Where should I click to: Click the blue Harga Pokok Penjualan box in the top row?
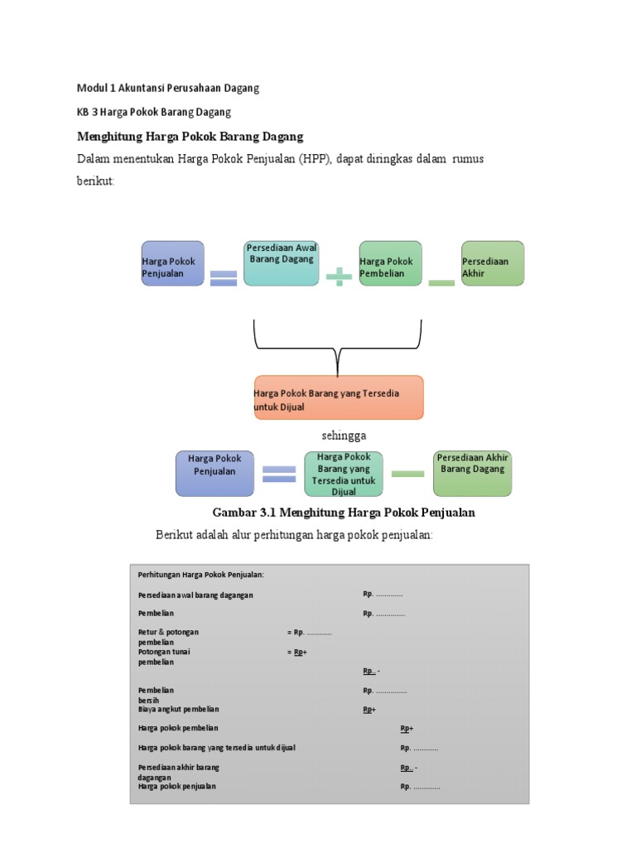click(x=172, y=263)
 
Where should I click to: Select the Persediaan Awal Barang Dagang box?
click(x=282, y=263)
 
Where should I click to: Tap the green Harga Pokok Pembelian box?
click(x=390, y=263)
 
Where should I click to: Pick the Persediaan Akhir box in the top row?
click(x=493, y=263)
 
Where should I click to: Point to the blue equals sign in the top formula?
click(x=224, y=277)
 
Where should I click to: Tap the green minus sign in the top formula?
click(x=441, y=282)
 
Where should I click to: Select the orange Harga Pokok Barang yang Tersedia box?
click(x=338, y=397)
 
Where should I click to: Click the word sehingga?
click(x=344, y=436)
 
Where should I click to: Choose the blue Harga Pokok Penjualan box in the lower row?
click(x=214, y=473)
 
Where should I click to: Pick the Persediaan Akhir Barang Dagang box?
click(x=473, y=473)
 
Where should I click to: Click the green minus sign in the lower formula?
click(x=407, y=474)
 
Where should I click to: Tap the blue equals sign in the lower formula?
click(x=279, y=474)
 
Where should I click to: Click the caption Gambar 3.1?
click(x=344, y=513)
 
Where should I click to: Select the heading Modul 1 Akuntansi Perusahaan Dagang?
click(x=168, y=87)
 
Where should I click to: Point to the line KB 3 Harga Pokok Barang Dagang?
click(x=154, y=111)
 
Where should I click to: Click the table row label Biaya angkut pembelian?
click(x=178, y=709)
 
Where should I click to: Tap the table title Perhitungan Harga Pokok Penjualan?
click(x=201, y=575)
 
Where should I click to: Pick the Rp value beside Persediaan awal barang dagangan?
click(x=383, y=594)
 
